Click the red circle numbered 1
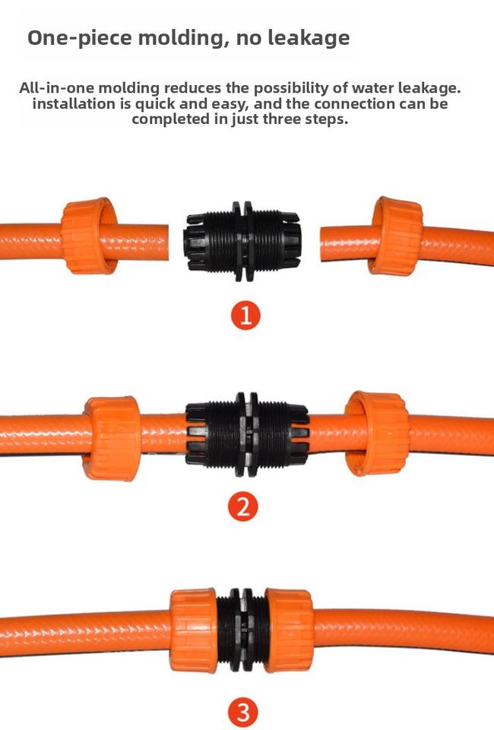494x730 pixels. tap(245, 315)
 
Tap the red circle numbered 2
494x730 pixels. tap(243, 507)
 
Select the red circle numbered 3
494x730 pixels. tap(243, 713)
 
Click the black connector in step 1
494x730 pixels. tap(242, 241)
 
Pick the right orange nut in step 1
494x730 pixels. tap(395, 236)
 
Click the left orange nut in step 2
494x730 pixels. tap(112, 438)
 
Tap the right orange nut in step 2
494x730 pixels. tap(378, 433)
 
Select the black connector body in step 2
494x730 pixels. tap(247, 434)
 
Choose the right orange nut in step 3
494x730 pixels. tap(289, 630)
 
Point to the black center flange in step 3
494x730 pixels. tap(242, 629)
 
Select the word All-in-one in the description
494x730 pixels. tap(57, 87)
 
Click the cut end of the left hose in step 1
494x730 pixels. tap(166, 243)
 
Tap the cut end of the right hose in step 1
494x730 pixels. tap(323, 244)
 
